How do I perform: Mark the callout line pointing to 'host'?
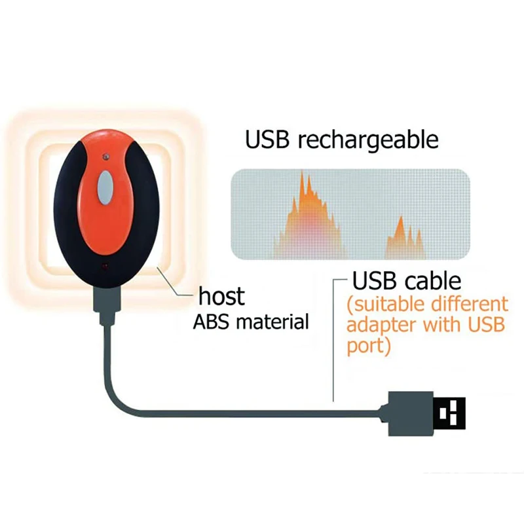point(176,287)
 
